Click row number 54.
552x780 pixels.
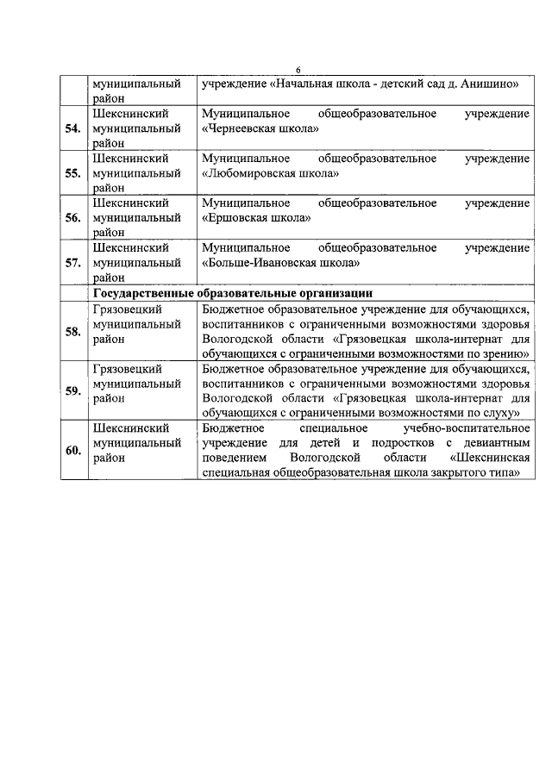[73, 129]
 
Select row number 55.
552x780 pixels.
[73, 173]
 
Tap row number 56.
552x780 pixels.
[73, 218]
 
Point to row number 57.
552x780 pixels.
[73, 263]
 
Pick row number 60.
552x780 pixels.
[73, 450]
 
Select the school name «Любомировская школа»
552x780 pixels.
[269, 173]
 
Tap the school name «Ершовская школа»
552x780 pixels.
[255, 218]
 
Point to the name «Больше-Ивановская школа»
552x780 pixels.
[279, 263]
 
